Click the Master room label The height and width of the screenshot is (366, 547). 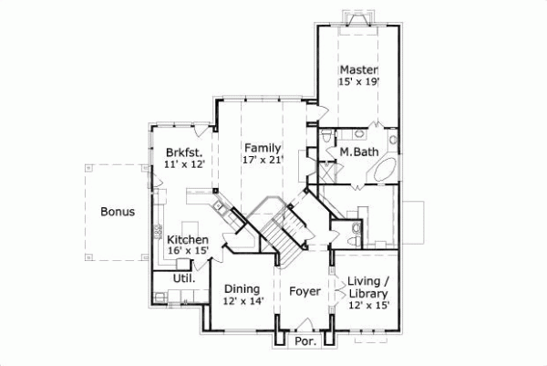coord(359,69)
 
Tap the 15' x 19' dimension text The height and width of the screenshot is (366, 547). coord(359,82)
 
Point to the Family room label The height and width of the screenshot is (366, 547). coord(263,147)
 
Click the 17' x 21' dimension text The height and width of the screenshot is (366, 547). coord(263,160)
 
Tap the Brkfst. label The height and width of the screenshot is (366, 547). coord(183,152)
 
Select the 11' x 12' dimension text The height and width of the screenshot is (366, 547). coord(183,164)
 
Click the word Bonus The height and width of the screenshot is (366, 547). coord(119,212)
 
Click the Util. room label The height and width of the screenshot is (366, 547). coord(183,277)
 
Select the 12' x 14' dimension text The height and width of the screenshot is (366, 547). coord(243,301)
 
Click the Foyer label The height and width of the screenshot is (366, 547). coord(304,292)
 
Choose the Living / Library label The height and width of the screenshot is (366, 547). coord(370,288)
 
